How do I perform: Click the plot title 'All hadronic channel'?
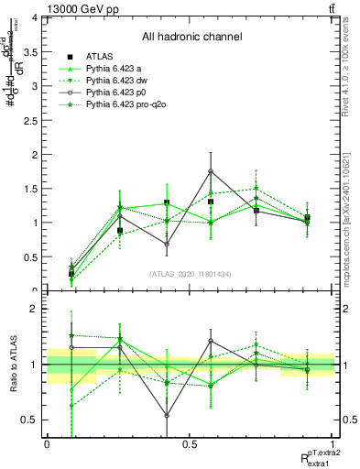pos(191,38)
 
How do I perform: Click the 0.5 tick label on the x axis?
pos(190,442)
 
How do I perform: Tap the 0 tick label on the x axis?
pos(47,442)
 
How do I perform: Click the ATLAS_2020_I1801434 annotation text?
pos(191,274)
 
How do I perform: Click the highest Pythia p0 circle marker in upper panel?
pos(211,171)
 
